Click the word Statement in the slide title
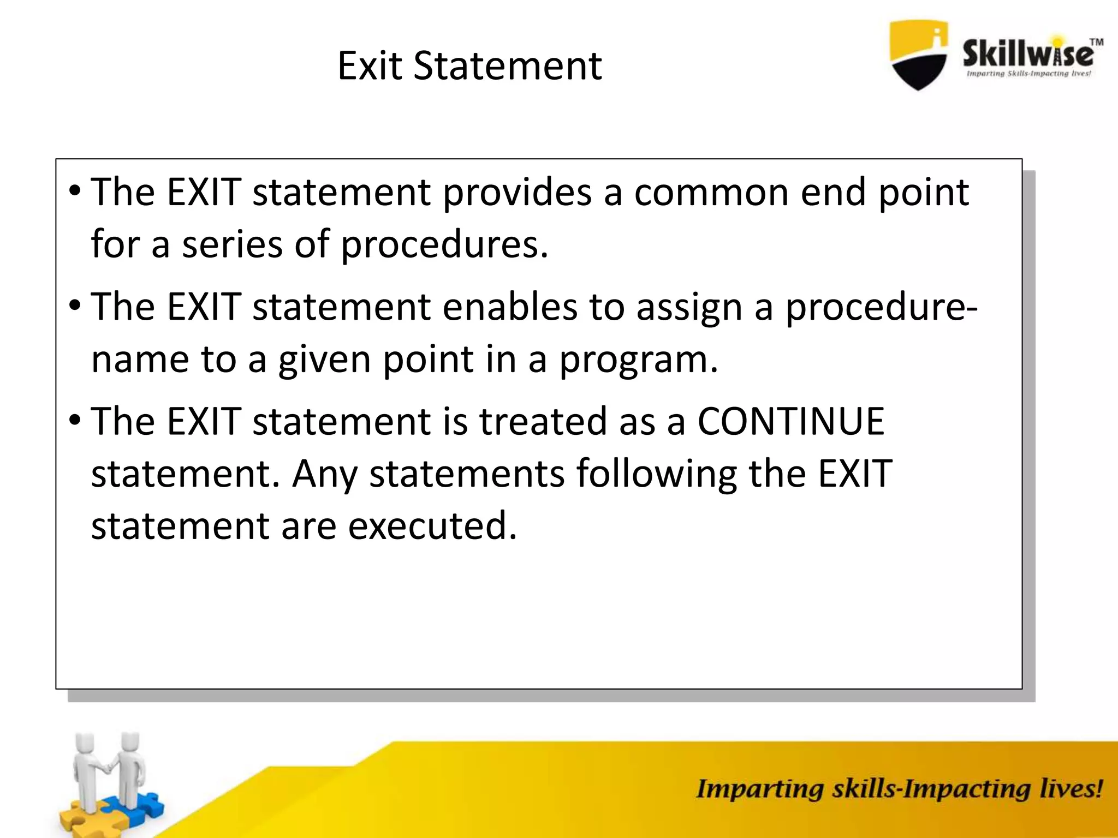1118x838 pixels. [x=507, y=66]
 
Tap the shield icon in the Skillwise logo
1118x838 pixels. [x=919, y=55]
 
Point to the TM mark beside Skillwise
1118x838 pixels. [x=1096, y=42]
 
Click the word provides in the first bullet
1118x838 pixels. [x=516, y=193]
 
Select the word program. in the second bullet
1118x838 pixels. [x=638, y=361]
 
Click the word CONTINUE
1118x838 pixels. [x=790, y=421]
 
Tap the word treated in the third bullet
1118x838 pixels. [x=543, y=421]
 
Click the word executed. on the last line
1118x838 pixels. [x=432, y=526]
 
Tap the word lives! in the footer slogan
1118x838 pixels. [x=1071, y=789]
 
